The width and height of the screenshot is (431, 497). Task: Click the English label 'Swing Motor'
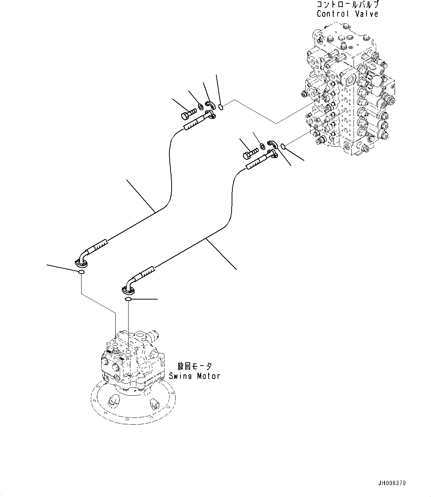click(194, 376)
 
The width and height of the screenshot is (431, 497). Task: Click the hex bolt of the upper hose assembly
click(188, 114)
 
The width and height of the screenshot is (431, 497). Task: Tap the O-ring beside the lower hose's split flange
click(283, 147)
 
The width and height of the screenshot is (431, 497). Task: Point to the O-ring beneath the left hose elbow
click(81, 273)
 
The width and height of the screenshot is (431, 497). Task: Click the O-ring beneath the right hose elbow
click(128, 299)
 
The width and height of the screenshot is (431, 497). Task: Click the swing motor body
click(132, 360)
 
